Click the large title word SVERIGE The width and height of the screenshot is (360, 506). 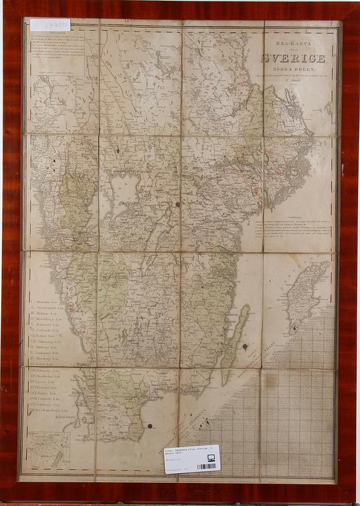pos(293,58)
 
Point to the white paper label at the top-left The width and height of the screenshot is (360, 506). pos(50,25)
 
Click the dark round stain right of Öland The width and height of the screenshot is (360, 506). pos(245,346)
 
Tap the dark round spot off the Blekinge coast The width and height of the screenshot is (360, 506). pos(150,426)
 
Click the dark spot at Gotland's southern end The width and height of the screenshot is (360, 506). pos(295,325)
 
